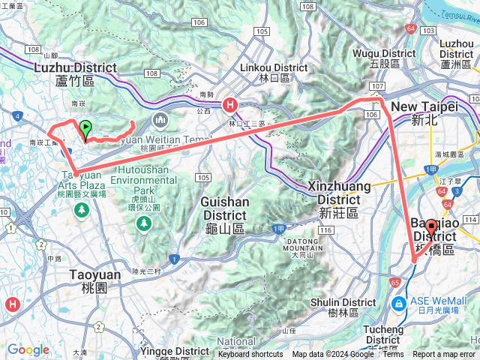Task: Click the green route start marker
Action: tap(85, 130)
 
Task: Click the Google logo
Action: tap(28, 349)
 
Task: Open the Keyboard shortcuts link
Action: tap(250, 355)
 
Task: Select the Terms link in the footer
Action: tap(393, 355)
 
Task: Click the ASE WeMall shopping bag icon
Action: tap(398, 303)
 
